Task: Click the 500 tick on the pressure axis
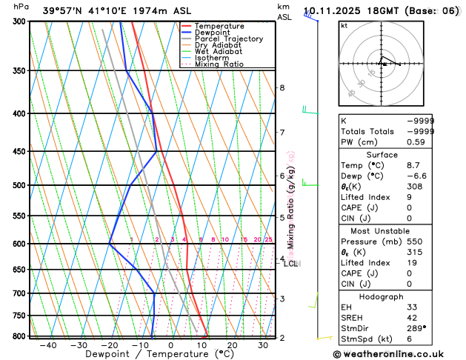(x=19, y=185)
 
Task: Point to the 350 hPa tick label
(x=19, y=71)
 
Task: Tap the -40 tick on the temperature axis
(x=48, y=344)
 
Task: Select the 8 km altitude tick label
(x=282, y=87)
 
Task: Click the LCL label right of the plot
(x=290, y=264)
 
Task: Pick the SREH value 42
(x=412, y=317)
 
